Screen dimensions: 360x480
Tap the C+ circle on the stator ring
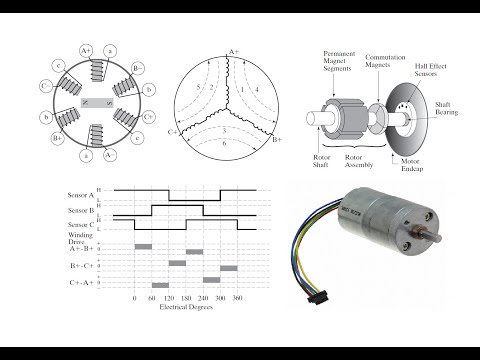point(148,116)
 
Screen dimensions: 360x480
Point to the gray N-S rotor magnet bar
point(97,104)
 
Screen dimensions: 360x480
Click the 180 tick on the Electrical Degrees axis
point(186,298)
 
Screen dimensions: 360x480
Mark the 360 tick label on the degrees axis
point(237,298)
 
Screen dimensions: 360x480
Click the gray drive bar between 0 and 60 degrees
point(143,245)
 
